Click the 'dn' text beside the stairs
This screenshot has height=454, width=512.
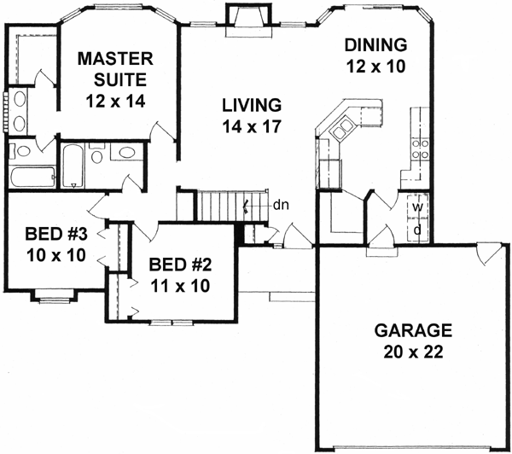coord(280,205)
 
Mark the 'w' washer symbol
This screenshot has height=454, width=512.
coord(417,207)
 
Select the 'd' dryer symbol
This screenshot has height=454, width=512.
coord(417,230)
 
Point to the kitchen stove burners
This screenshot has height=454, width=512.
coord(420,150)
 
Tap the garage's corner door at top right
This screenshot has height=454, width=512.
coord(489,254)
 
